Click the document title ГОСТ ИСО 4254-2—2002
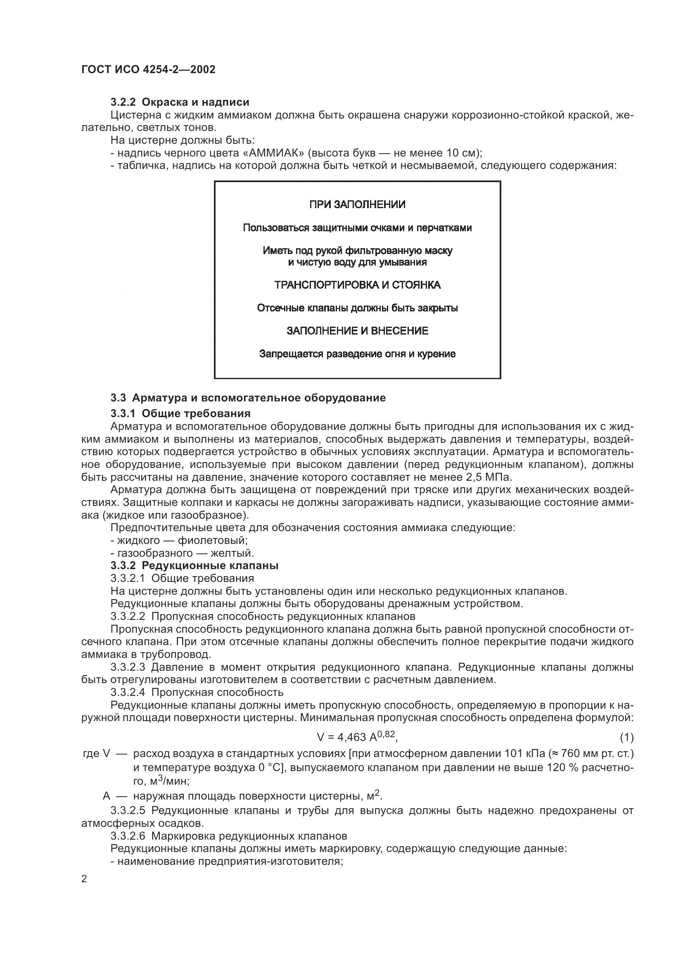point(148,69)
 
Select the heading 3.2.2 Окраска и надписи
point(180,102)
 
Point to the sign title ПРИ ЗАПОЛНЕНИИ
point(357,205)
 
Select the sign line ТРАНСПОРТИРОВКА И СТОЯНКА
point(357,285)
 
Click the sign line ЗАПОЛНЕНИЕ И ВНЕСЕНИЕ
point(357,331)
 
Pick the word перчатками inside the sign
point(447,228)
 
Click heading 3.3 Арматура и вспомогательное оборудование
point(248,398)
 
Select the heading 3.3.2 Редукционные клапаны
point(194,565)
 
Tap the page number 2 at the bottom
point(84,879)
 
